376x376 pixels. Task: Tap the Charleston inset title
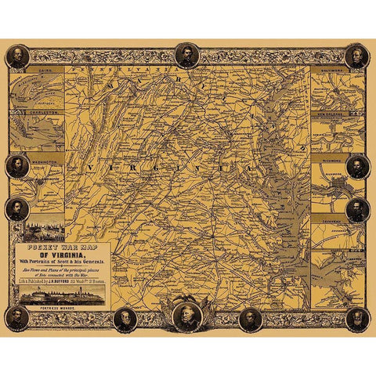pos(37,113)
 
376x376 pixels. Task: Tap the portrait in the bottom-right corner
pos(357,318)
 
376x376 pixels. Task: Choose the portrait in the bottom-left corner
pos(17,318)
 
